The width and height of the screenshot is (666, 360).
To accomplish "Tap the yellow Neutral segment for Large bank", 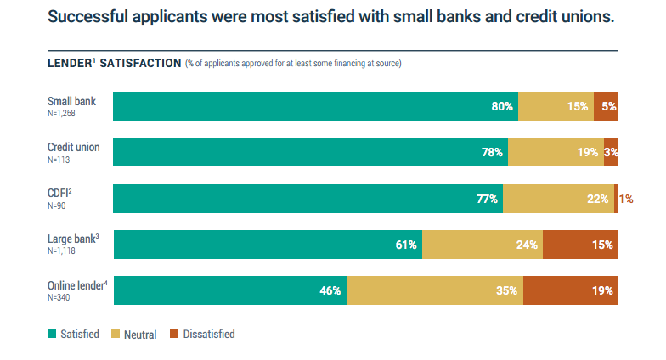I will pos(482,245).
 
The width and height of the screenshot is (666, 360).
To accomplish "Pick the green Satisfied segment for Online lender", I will pos(229,290).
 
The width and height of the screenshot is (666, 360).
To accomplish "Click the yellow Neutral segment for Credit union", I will pos(556,152).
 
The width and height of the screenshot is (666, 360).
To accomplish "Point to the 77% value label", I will pos(487,199).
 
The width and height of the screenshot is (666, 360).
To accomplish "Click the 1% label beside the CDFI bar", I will pos(627,199).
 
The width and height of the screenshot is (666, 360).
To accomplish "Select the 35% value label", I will pos(507,290).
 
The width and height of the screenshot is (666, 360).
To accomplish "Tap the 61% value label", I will pos(406,245).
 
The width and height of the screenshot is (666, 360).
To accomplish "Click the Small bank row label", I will pos(71,102).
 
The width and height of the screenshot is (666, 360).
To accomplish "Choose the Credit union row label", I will pos(73,148).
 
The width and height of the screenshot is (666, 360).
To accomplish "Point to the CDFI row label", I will pos(59,194).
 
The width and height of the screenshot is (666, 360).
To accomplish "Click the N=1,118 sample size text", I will pos(65,251).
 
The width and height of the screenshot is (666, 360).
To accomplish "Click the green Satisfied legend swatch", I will pos(51,334).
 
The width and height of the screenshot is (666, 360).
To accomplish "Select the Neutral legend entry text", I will pos(140,335).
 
